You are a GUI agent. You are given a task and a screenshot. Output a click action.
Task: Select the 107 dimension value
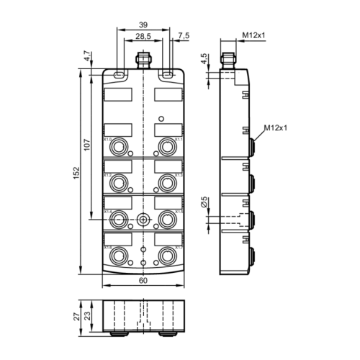pyautogui.click(x=86, y=144)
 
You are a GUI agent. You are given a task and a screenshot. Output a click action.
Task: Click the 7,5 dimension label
pyautogui.click(x=183, y=35)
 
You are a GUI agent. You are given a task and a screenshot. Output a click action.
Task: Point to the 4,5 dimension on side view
pyautogui.click(x=206, y=58)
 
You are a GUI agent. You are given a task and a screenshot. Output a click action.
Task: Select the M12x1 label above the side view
pyautogui.click(x=253, y=35)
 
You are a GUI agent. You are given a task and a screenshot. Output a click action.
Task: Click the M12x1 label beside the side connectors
pyautogui.click(x=275, y=127)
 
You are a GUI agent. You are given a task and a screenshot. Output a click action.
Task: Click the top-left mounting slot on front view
pyautogui.click(x=117, y=74)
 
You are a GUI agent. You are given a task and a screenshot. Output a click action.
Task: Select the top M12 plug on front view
pyautogui.click(x=142, y=57)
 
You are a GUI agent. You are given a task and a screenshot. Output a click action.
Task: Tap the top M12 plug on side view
pyautogui.click(x=231, y=58)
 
